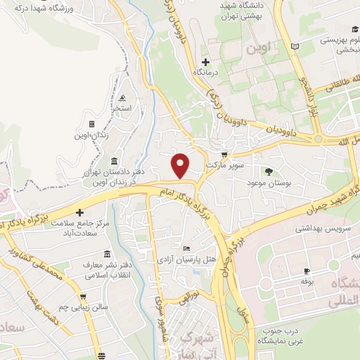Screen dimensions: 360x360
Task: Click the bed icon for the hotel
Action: click(186, 248)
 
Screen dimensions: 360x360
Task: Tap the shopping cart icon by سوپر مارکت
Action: click(224, 153)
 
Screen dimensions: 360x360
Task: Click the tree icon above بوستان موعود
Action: click(269, 171)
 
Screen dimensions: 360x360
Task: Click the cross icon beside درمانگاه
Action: click(205, 61)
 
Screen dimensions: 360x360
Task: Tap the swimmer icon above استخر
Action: click(124, 98)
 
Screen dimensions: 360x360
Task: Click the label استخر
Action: click(124, 109)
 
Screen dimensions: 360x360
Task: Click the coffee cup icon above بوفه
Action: click(307, 271)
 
